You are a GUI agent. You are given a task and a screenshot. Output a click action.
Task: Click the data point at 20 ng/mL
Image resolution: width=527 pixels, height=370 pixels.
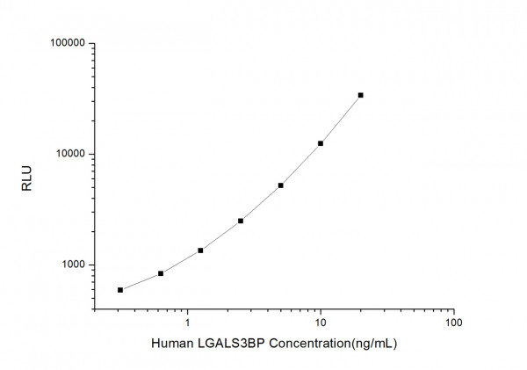pyautogui.click(x=360, y=95)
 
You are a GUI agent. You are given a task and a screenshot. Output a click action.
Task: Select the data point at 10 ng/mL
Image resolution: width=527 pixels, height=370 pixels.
pyautogui.click(x=321, y=143)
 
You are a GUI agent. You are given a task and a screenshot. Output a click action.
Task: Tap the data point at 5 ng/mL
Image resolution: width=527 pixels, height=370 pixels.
pyautogui.click(x=280, y=185)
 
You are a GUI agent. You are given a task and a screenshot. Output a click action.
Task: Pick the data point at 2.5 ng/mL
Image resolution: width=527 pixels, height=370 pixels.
pyautogui.click(x=241, y=221)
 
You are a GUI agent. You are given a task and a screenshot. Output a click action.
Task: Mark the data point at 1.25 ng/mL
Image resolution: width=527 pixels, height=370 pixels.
pyautogui.click(x=200, y=250)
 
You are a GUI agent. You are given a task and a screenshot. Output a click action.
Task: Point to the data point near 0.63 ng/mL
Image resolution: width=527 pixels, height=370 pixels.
pyautogui.click(x=161, y=273)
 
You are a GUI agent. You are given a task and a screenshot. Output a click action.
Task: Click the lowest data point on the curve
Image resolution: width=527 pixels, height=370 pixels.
pyautogui.click(x=120, y=290)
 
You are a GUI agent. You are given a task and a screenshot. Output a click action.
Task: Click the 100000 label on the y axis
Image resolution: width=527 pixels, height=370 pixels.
pyautogui.click(x=65, y=43)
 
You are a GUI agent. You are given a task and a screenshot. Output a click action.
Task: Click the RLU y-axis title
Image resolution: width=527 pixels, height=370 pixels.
pyautogui.click(x=26, y=177)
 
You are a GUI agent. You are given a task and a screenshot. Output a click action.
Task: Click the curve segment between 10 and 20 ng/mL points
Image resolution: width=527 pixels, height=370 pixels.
pyautogui.click(x=341, y=120)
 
